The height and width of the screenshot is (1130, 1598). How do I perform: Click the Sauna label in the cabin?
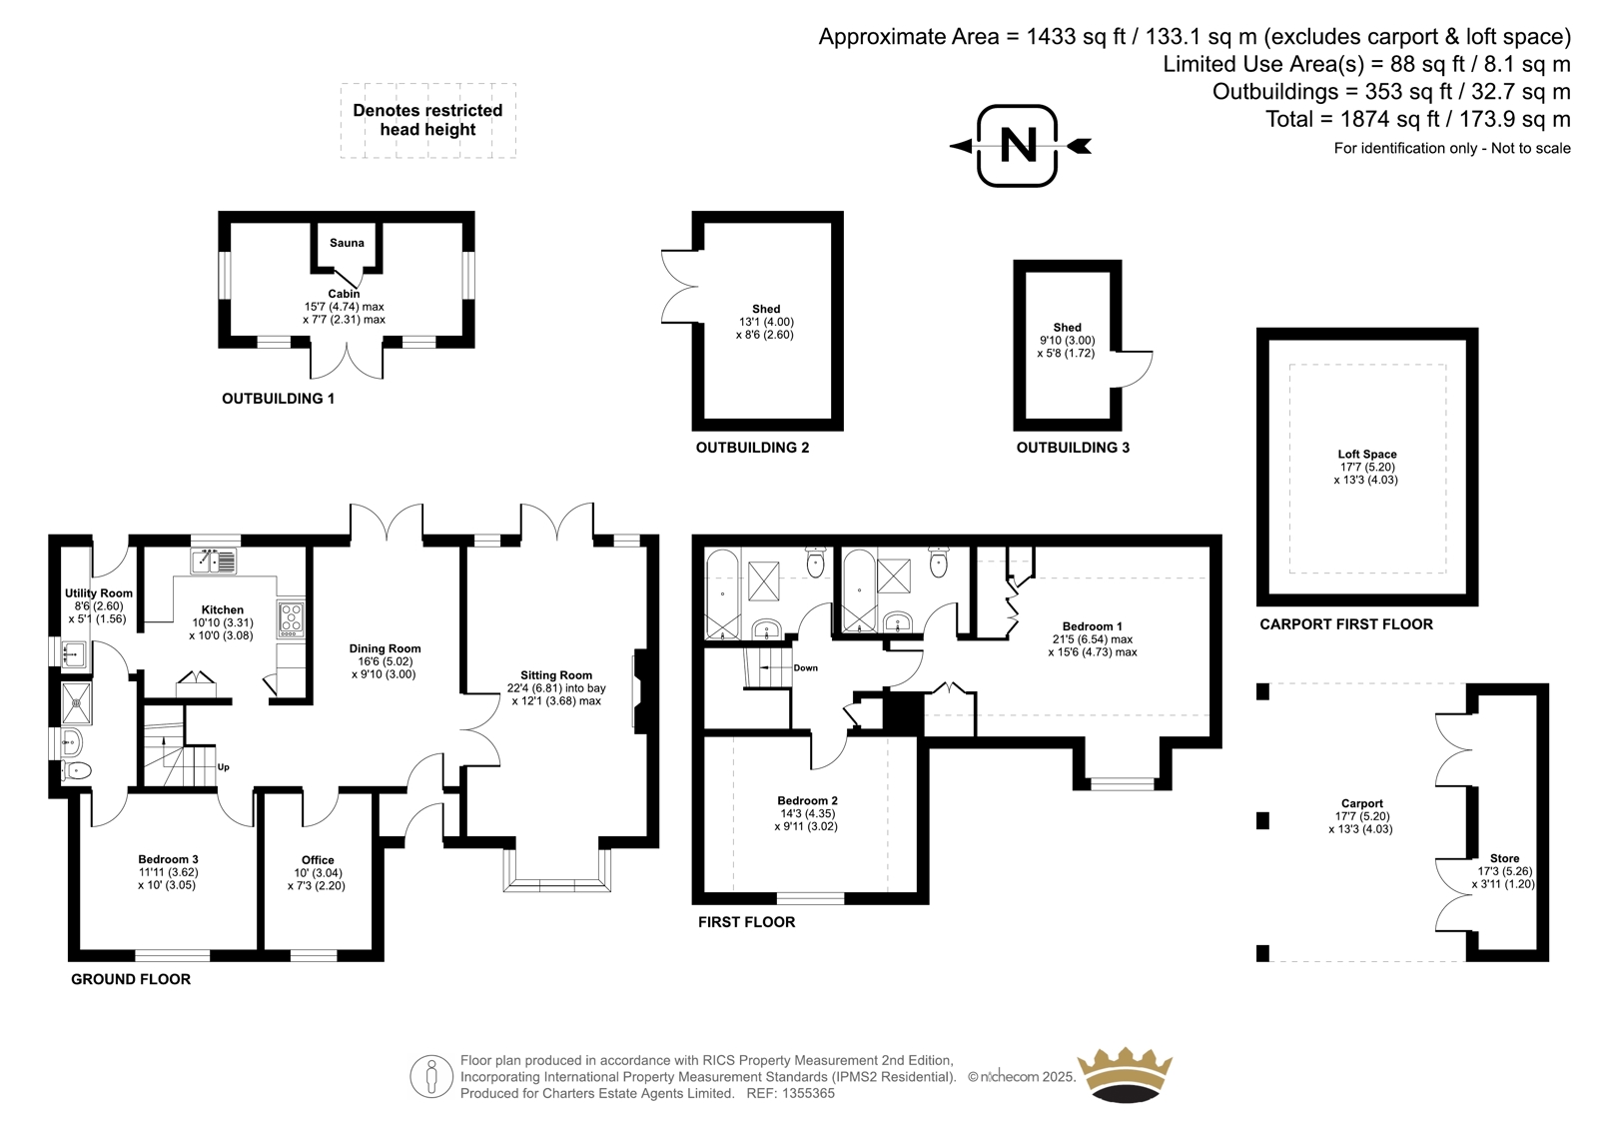click(347, 243)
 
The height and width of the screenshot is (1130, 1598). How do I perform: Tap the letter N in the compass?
click(1018, 146)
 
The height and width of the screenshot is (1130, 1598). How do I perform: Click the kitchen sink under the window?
click(214, 561)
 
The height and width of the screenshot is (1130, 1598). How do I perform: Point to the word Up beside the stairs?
click(224, 767)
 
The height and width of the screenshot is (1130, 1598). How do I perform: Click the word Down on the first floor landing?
click(805, 668)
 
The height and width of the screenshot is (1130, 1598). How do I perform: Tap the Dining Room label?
click(385, 648)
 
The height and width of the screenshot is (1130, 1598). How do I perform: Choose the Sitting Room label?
click(555, 674)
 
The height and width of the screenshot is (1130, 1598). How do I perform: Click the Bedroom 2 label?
click(807, 800)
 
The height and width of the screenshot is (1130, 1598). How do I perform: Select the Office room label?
click(318, 859)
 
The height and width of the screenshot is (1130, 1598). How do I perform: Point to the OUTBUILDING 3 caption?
click(1073, 448)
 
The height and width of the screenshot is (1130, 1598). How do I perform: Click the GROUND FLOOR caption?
click(131, 979)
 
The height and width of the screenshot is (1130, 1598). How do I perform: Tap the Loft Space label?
click(1367, 454)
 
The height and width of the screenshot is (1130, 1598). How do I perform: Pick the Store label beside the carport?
click(1504, 858)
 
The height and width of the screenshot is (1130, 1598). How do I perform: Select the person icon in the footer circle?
click(430, 1077)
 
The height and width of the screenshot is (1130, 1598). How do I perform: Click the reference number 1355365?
click(808, 1093)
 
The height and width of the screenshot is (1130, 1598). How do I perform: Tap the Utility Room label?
click(99, 593)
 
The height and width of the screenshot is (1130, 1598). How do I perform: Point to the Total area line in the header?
click(1418, 119)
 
